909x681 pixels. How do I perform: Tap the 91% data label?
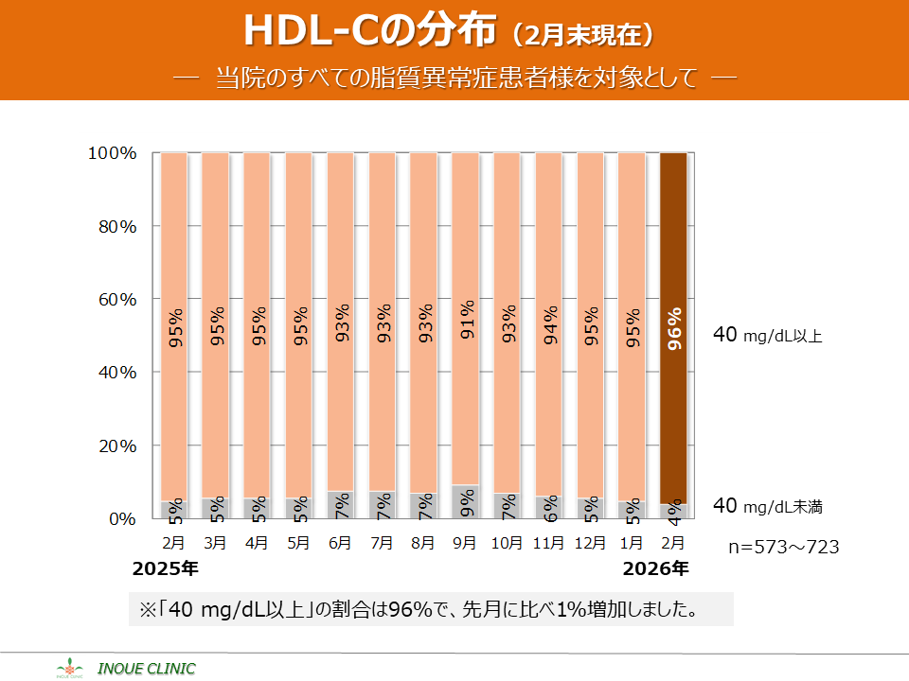pyautogui.click(x=467, y=318)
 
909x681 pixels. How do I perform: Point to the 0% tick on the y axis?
pyautogui.click(x=122, y=519)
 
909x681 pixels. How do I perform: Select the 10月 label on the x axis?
pyautogui.click(x=508, y=543)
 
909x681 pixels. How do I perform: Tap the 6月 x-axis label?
pyautogui.click(x=341, y=543)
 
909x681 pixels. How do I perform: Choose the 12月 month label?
pyautogui.click(x=591, y=543)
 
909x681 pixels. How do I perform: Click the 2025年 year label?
pyautogui.click(x=166, y=569)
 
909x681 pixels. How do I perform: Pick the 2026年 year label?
pyautogui.click(x=655, y=569)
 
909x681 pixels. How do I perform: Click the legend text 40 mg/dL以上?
pyautogui.click(x=768, y=335)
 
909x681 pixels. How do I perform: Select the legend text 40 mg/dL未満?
pyautogui.click(x=768, y=507)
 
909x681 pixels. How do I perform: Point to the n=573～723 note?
pyautogui.click(x=783, y=547)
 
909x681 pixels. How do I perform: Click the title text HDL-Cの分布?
pyautogui.click(x=370, y=31)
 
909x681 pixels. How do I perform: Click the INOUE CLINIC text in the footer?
pyautogui.click(x=147, y=669)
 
